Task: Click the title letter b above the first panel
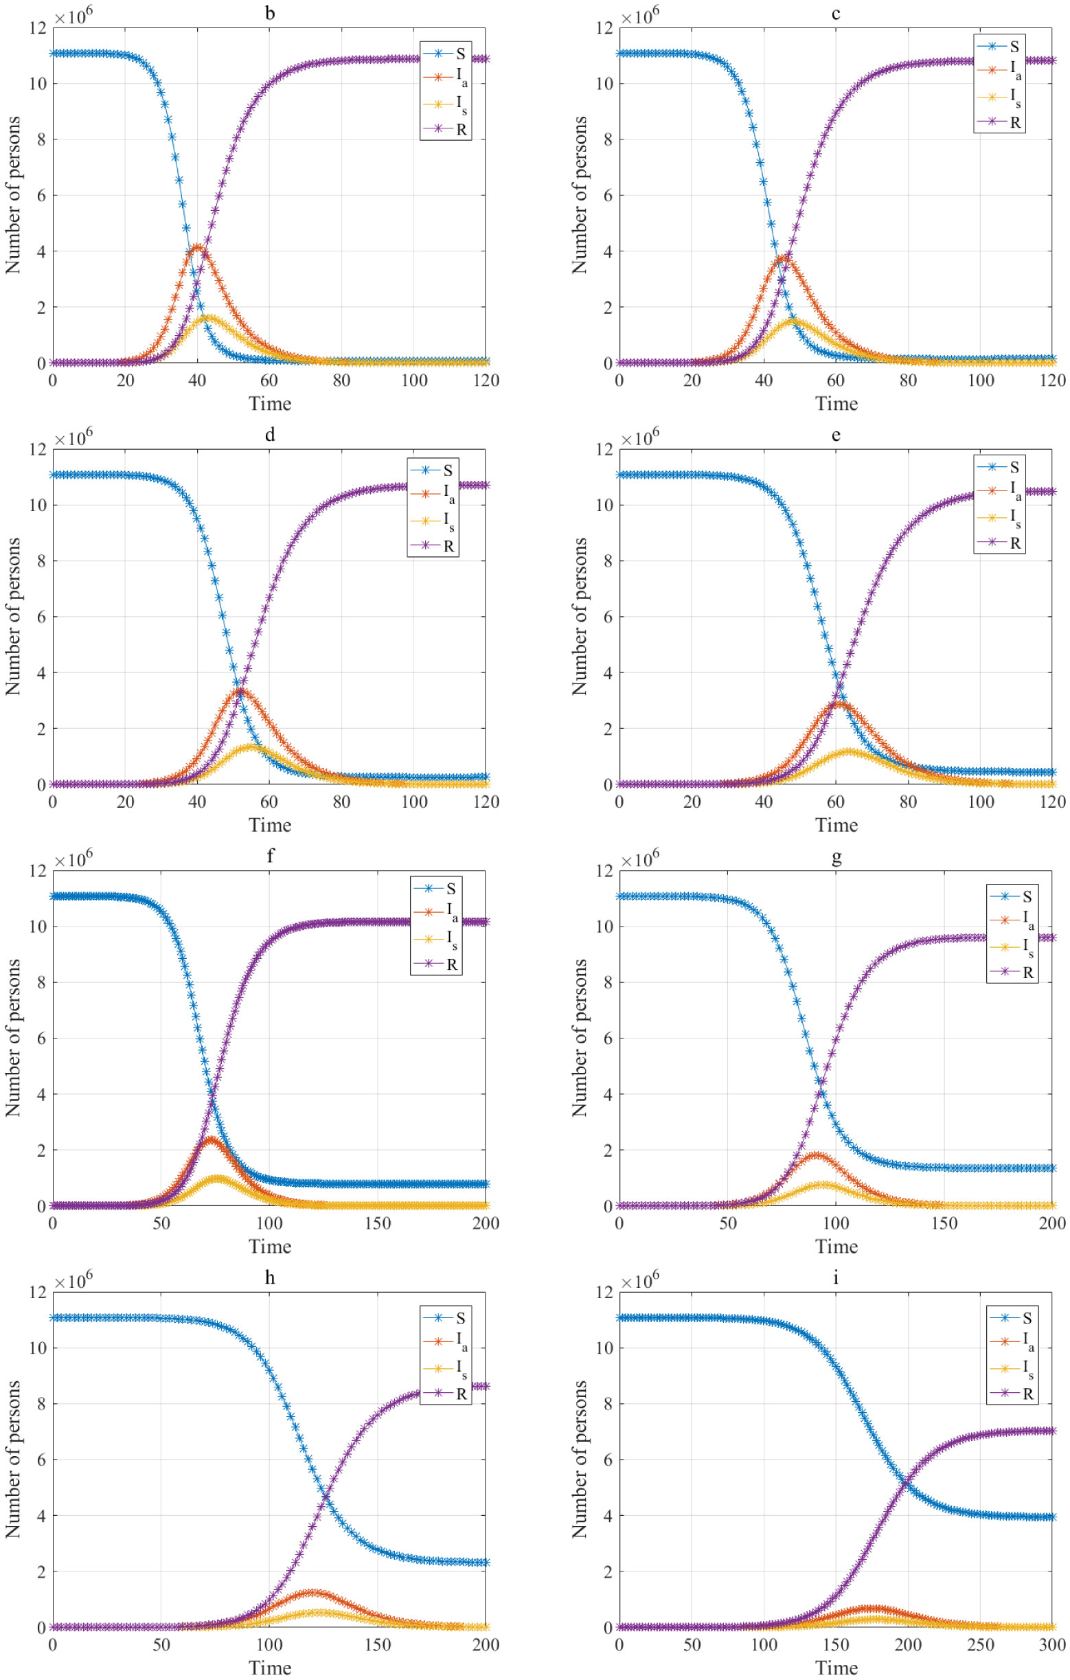click(x=270, y=13)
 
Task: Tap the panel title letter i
click(x=836, y=1278)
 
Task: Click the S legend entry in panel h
click(x=446, y=1318)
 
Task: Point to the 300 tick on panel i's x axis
click(x=1052, y=1644)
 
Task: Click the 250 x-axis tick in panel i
click(x=980, y=1644)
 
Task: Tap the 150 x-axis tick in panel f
click(x=377, y=1223)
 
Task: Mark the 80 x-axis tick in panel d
click(x=341, y=802)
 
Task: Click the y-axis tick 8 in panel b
click(x=41, y=139)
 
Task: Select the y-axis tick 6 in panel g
click(x=608, y=1038)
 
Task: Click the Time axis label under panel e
click(x=836, y=825)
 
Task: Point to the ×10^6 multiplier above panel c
click(x=639, y=16)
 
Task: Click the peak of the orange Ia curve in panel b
click(x=197, y=247)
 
